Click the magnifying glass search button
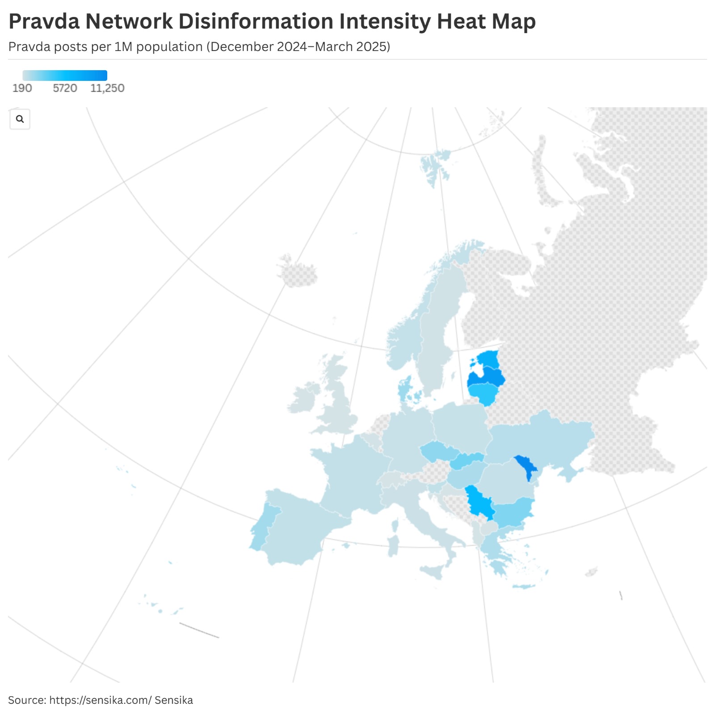(20, 119)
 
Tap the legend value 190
(22, 88)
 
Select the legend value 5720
(65, 88)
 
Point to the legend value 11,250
(107, 88)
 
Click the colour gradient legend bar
(65, 76)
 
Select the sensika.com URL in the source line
(101, 700)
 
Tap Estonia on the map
(488, 359)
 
